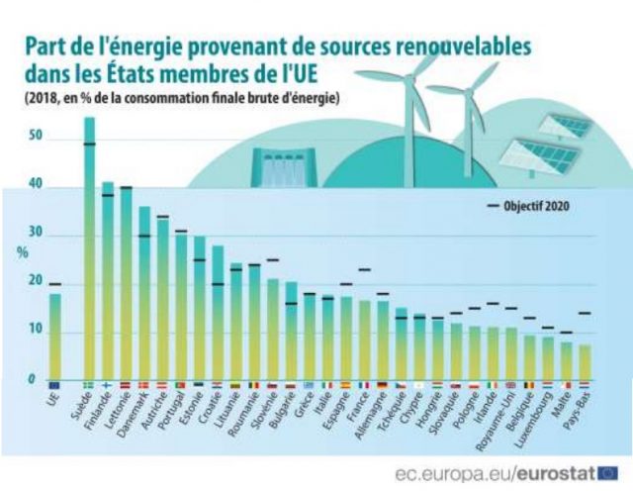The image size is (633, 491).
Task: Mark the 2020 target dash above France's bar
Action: pos(364,269)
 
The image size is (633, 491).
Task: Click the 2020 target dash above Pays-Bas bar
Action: pos(585,313)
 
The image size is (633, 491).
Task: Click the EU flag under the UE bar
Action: pos(54,385)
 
